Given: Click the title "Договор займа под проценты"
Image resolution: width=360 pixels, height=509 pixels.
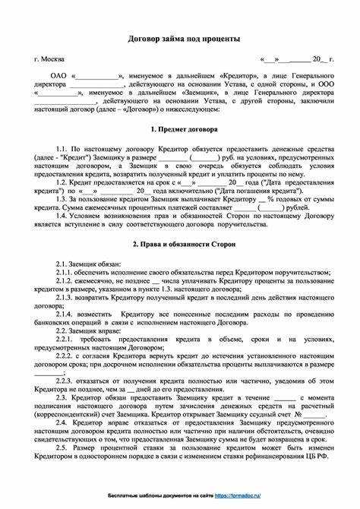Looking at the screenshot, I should pyautogui.click(x=180, y=38).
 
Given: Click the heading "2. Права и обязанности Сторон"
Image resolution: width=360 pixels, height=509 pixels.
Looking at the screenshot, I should pyautogui.click(x=180, y=245).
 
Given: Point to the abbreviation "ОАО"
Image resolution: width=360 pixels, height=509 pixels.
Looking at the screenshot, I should pyautogui.click(x=58, y=77).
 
